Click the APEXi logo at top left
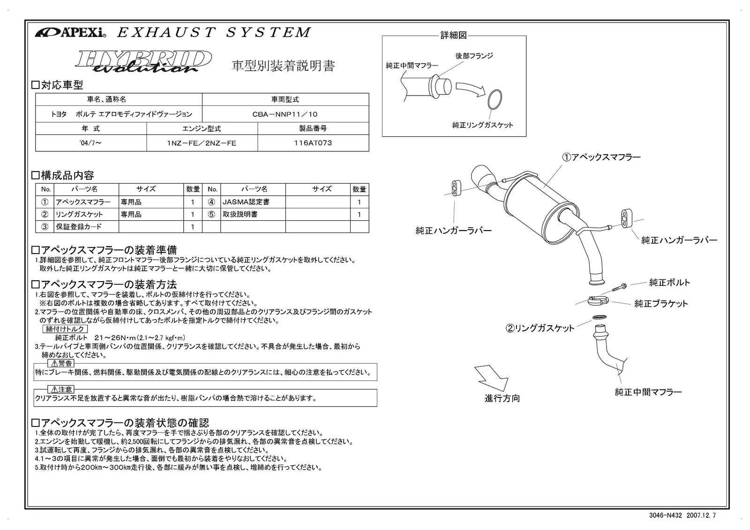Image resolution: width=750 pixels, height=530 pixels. click(70, 33)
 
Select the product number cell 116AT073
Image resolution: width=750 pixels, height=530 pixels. click(313, 143)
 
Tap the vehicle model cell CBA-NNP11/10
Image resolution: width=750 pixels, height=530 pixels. click(285, 114)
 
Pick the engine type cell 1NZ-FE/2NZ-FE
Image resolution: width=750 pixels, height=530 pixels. click(202, 143)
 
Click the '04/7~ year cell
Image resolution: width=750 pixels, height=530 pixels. click(90, 143)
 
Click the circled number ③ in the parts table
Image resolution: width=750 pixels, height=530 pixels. click(45, 227)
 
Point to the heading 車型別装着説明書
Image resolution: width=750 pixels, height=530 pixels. click(284, 66)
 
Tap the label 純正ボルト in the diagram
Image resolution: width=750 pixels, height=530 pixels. click(669, 283)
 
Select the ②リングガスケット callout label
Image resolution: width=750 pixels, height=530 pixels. click(540, 328)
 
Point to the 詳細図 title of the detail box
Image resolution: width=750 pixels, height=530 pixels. click(453, 36)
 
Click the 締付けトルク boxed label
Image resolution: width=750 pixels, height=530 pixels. click(66, 329)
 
